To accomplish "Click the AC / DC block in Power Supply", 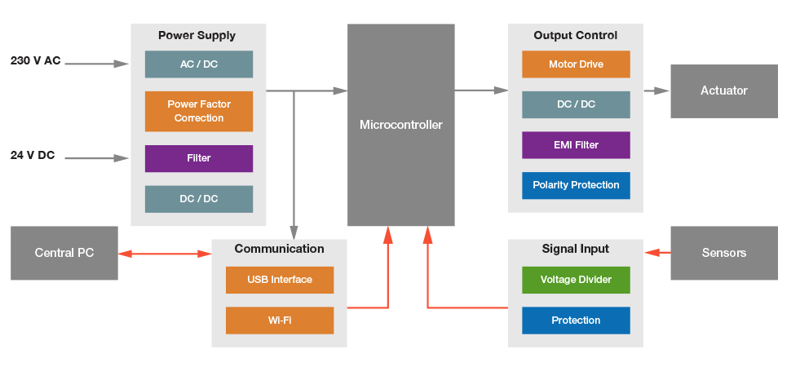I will [x=198, y=64].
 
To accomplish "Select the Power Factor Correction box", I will [x=198, y=111].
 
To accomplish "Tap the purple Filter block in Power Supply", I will [x=198, y=158].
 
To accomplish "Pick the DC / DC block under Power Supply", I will [x=198, y=199].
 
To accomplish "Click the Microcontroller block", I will [x=400, y=125].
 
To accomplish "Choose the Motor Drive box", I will [x=576, y=64].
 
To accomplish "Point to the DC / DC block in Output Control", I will [x=576, y=104].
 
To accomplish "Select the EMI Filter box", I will [x=576, y=145].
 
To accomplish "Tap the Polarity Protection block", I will [x=576, y=185].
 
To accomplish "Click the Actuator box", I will [x=723, y=91].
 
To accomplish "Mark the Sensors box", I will [x=723, y=253].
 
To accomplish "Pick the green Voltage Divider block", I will [x=576, y=280].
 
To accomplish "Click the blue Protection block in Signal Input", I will [x=576, y=321].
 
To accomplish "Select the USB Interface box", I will [x=280, y=280].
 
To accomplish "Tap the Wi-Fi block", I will [x=280, y=321].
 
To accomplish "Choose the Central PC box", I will [x=64, y=253].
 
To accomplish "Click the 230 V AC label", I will [x=35, y=61].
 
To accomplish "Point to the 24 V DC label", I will [x=33, y=155].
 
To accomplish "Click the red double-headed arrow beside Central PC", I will [x=165, y=254].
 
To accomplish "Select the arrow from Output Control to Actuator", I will [x=656, y=91].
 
